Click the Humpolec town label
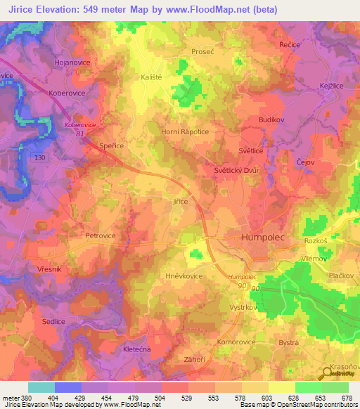pos(264,238)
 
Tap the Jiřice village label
pos(181,201)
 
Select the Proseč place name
pos(202,52)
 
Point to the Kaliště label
pos(153,77)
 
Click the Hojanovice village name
pos(70,62)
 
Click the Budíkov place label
pos(271,120)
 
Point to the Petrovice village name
pos(100,236)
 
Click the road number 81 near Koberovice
pos(79,133)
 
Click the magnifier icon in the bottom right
pos(328,372)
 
